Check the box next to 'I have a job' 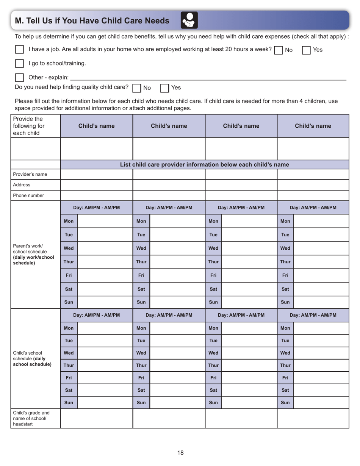(19, 50)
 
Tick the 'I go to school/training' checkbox (19, 63)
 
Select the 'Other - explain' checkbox (19, 77)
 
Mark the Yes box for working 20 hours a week (306, 50)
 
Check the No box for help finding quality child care (137, 88)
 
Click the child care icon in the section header (189, 20)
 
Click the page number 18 (180, 453)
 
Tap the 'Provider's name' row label (30, 174)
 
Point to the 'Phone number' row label (28, 195)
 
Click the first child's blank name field (96, 149)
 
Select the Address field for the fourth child (313, 185)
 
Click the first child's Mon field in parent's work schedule (105, 221)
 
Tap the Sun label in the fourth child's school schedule (285, 403)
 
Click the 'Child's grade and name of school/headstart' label (31, 418)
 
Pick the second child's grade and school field (169, 418)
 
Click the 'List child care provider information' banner (204, 164)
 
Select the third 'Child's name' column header (241, 126)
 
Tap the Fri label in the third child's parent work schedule (213, 275)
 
